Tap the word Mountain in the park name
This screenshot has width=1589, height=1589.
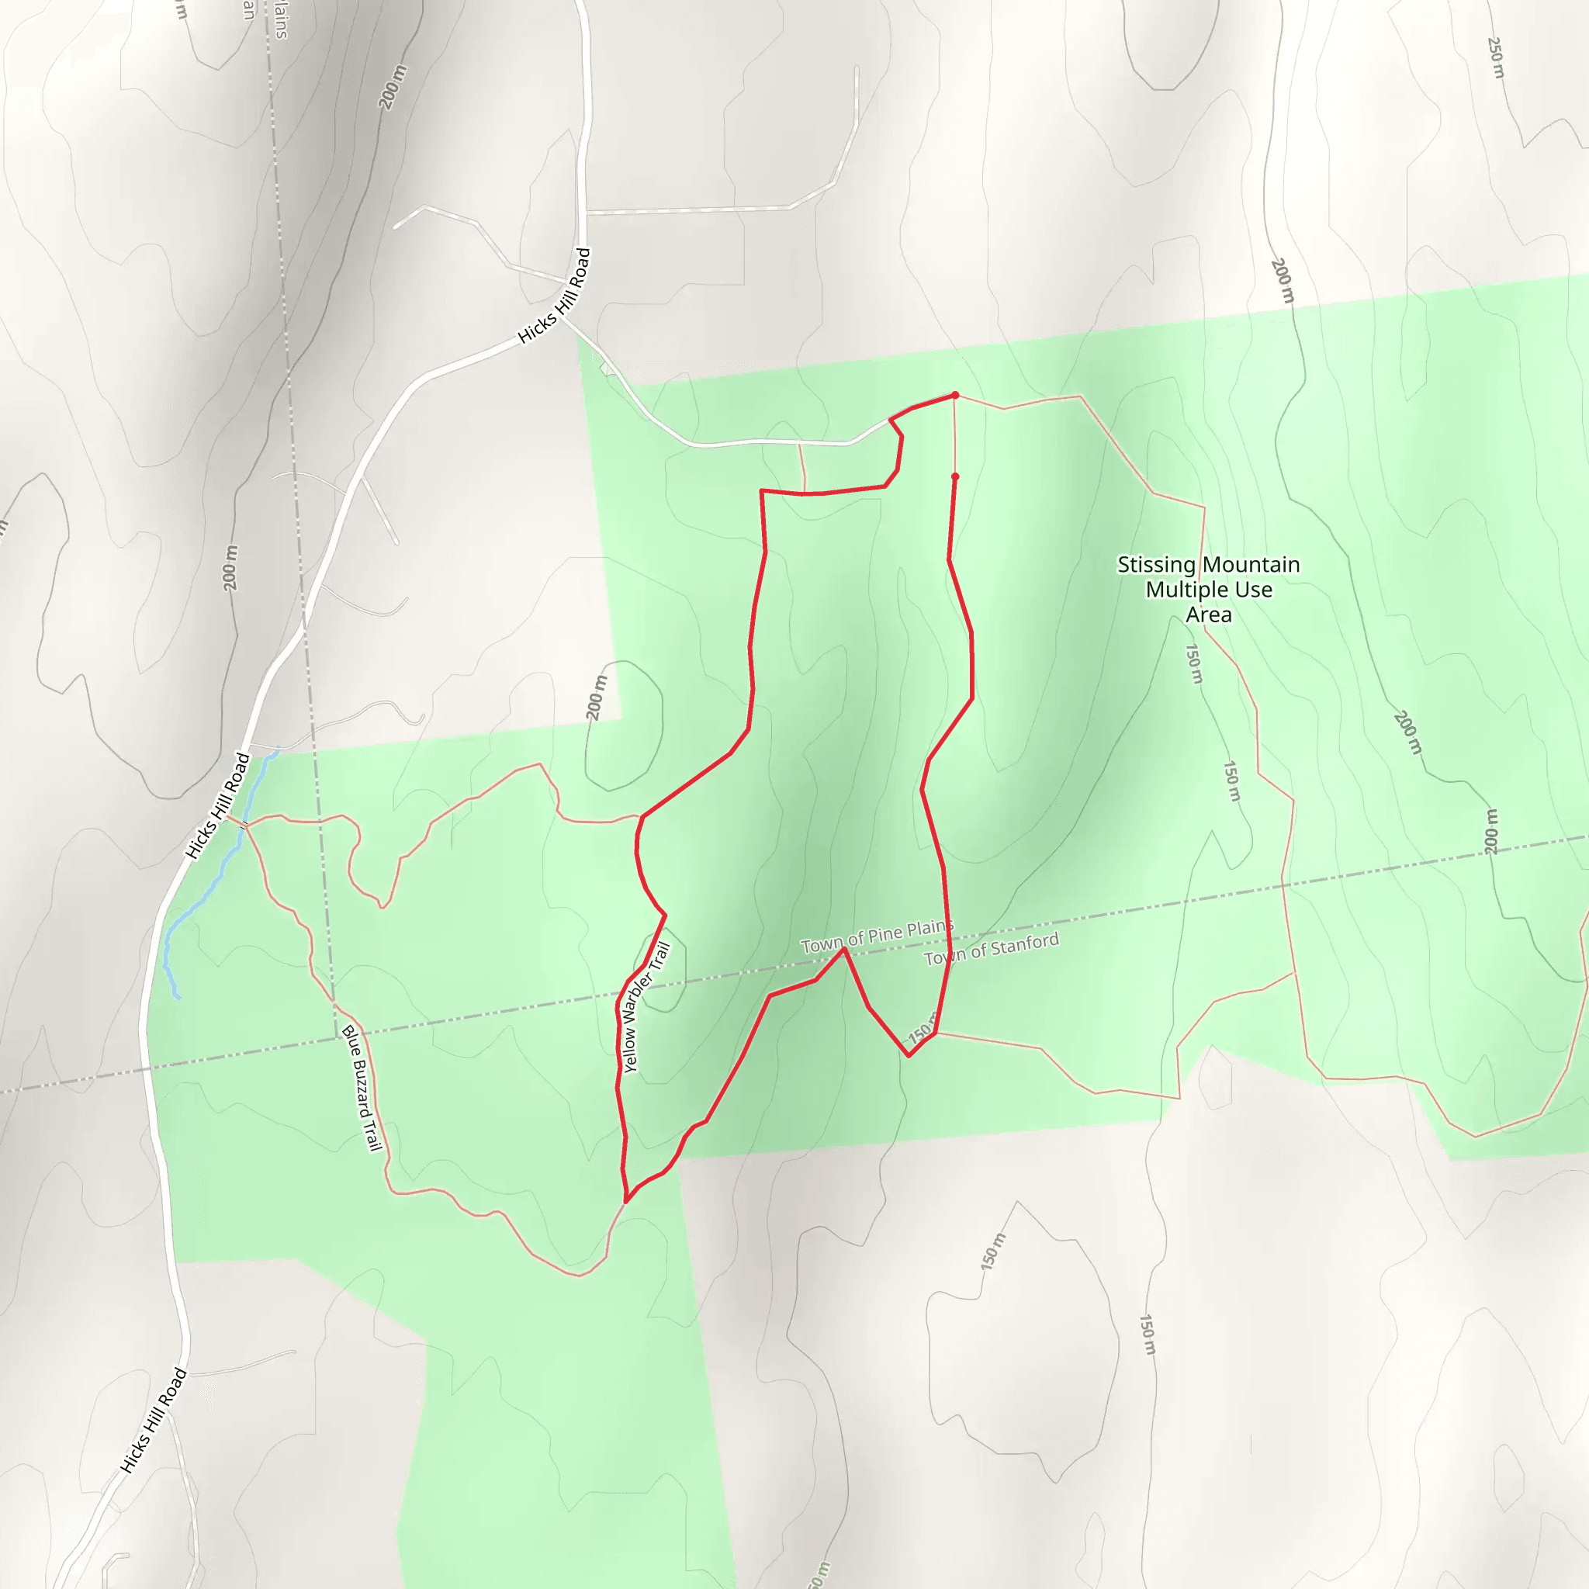tap(1256, 565)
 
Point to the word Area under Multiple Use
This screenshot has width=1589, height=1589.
tap(1208, 614)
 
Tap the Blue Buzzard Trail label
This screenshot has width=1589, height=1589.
tap(362, 1087)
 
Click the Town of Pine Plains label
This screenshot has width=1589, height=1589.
tap(876, 936)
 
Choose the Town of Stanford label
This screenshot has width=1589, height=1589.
tap(991, 949)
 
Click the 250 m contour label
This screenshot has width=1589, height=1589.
tap(1496, 57)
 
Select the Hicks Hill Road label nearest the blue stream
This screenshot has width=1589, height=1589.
tap(218, 805)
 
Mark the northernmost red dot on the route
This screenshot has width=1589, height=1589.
tap(955, 396)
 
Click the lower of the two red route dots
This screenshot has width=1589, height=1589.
tap(955, 477)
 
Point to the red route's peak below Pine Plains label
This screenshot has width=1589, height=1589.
tap(844, 949)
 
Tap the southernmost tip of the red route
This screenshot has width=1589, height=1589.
tap(627, 1201)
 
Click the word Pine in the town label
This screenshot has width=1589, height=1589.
tap(885, 934)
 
